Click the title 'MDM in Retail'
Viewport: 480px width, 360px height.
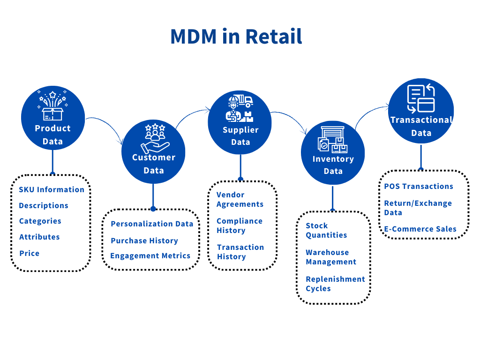tap(236, 37)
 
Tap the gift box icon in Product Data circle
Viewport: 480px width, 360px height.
tap(52, 106)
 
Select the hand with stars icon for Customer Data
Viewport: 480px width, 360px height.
tap(155, 139)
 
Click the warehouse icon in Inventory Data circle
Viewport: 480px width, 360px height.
tap(332, 139)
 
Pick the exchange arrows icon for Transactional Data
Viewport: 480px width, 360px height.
tap(421, 99)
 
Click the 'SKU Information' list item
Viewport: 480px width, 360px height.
tap(52, 190)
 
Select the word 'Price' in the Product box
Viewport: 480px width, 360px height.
tap(29, 253)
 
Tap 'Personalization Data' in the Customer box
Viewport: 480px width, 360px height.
tap(152, 224)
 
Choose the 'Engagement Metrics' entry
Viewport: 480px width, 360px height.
tap(150, 256)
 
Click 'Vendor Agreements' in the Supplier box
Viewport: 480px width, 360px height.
tap(240, 200)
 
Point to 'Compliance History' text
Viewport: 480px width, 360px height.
tap(239, 226)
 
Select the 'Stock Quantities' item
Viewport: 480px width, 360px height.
tap(326, 231)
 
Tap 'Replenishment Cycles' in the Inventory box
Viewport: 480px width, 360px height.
tap(335, 284)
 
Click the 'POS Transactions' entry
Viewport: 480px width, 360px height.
tap(419, 187)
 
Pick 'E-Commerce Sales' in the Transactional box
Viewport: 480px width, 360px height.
tap(420, 229)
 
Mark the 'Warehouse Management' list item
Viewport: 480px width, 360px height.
tap(331, 257)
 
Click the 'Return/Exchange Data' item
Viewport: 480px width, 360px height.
tap(418, 208)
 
